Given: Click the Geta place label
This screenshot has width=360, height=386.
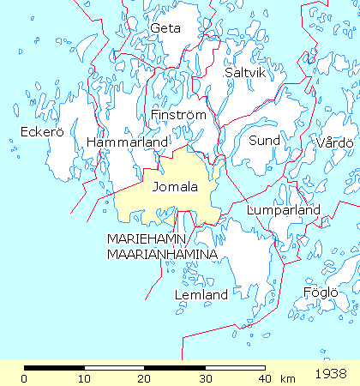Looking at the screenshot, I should [165, 28].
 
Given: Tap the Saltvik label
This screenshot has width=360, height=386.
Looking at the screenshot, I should [243, 73].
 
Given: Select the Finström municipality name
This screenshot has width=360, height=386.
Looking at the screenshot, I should [177, 114].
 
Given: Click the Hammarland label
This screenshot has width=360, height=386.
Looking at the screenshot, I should [118, 142].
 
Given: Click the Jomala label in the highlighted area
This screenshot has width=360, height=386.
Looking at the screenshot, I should [174, 186].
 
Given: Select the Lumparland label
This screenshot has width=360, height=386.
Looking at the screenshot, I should [283, 210].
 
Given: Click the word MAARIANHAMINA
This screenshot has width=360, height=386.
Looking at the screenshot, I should [162, 255].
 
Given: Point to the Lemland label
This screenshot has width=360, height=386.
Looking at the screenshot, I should [201, 295].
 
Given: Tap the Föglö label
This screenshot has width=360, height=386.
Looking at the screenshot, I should [321, 293].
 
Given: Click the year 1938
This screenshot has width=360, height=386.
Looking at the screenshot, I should [330, 375].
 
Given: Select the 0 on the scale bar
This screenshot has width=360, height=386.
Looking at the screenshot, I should [25, 378].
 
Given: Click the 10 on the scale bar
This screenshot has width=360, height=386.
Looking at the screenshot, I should [84, 378].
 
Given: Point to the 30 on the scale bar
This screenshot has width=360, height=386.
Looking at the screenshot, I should [204, 378].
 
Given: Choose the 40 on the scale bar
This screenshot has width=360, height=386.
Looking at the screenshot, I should [263, 378].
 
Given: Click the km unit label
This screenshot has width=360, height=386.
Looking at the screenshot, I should [287, 378].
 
